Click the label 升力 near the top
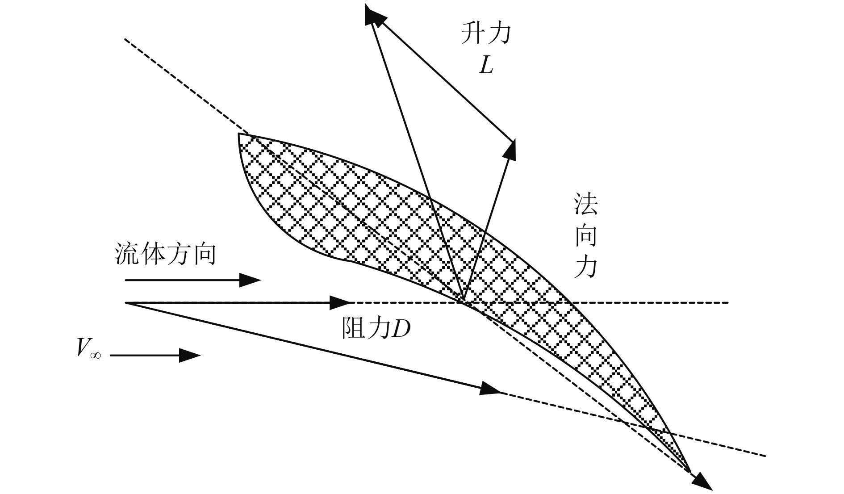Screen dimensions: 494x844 pos(485,34)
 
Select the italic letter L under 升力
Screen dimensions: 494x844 pos(486,66)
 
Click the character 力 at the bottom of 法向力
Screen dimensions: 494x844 pos(585,268)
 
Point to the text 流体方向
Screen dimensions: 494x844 pos(165,255)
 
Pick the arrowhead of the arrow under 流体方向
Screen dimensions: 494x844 pos(251,280)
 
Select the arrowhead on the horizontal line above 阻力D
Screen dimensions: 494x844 pos(342,303)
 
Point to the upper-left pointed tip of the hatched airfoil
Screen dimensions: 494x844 pos(239,134)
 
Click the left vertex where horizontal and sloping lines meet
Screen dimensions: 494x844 pos(126,303)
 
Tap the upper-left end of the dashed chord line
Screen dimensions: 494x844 pos(125,39)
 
